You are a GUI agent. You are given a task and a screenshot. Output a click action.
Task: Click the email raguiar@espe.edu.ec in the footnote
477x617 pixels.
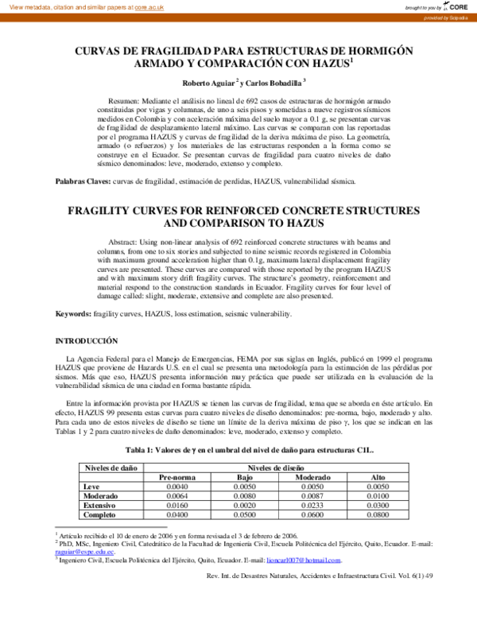point(84,552)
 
